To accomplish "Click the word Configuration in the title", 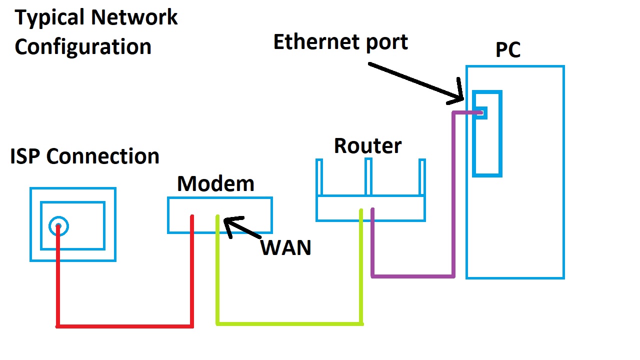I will coord(83,47).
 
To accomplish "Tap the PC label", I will coord(508,50).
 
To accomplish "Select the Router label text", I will coord(367,146).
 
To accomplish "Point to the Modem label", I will coord(215,184).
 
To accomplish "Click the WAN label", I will coord(286,248).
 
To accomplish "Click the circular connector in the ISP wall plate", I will coord(58,226).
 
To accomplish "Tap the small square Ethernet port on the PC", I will coord(481,112).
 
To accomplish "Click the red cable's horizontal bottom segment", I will coord(125,326).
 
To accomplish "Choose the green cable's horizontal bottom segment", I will coord(290,323).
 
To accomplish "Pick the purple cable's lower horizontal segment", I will coord(413,275).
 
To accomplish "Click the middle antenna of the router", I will coord(368,176).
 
